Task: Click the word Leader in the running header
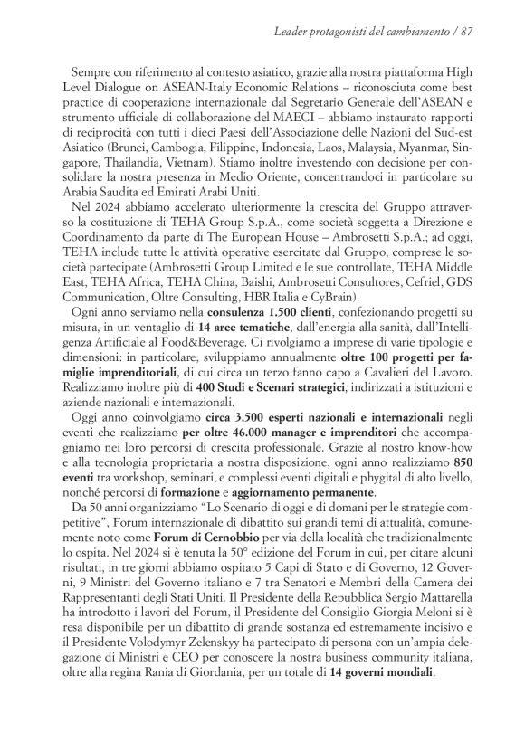click(x=291, y=33)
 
